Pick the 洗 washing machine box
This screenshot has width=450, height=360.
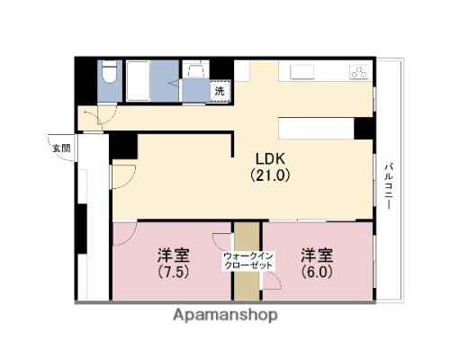click(x=219, y=90)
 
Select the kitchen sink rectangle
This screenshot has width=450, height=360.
click(x=301, y=71)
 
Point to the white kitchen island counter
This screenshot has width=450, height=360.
click(x=315, y=128)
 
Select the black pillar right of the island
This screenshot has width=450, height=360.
click(x=364, y=128)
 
